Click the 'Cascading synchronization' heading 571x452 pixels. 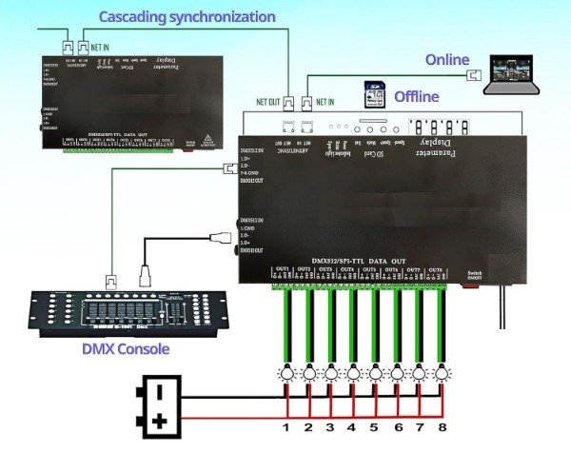187,16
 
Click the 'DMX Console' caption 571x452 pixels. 126,349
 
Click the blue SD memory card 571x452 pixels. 375,95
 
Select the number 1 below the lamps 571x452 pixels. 285,427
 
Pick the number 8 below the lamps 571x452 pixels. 442,427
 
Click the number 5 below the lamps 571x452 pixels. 374,427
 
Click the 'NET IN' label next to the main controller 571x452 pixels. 325,99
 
